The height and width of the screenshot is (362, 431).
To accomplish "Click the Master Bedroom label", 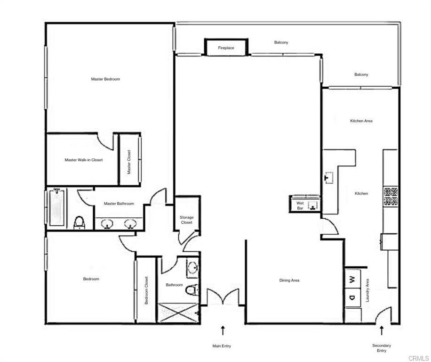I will tap(105, 79).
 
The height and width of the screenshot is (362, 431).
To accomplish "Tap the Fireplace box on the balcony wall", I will tap(226, 48).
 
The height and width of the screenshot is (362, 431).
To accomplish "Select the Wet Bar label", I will tap(300, 205).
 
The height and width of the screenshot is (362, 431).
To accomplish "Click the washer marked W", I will tap(352, 279).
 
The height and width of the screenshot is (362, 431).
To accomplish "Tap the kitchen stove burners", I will tap(391, 197).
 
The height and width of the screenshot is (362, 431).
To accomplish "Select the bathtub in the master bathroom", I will tap(56, 207).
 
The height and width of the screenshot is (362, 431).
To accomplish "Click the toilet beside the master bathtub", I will tap(80, 222).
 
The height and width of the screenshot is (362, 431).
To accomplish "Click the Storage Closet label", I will tap(187, 220).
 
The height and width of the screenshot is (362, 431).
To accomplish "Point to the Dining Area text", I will tap(289, 280).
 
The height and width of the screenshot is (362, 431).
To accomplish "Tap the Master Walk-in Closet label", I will tap(83, 160).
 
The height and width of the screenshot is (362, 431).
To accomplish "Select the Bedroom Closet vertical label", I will tap(146, 290).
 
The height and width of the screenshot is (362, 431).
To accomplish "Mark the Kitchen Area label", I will tap(361, 121).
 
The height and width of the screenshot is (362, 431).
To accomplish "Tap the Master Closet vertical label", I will tap(129, 162).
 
